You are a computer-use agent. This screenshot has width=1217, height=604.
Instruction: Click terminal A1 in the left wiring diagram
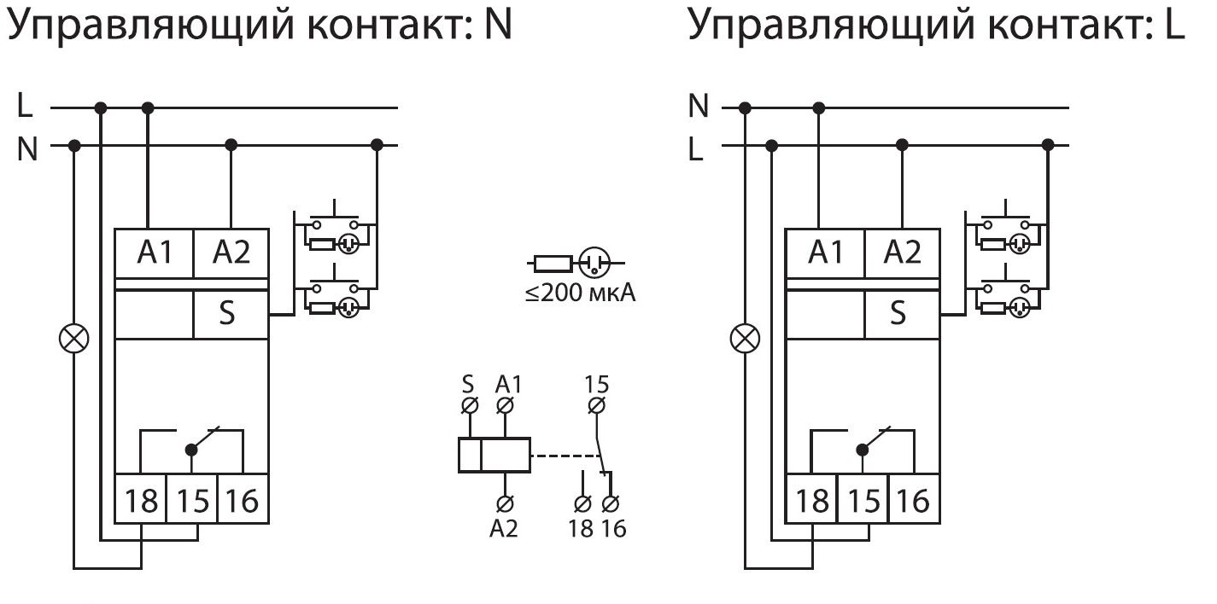pyautogui.click(x=155, y=253)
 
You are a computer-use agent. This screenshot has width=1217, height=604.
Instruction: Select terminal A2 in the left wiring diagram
pyautogui.click(x=231, y=253)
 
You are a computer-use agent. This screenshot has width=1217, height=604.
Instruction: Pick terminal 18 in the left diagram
pyautogui.click(x=141, y=501)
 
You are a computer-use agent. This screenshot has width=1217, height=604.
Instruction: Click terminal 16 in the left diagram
pyautogui.click(x=243, y=501)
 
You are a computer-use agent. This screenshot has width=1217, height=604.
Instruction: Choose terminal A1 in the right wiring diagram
pyautogui.click(x=825, y=253)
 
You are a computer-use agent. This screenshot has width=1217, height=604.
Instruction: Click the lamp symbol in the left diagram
pyautogui.click(x=73, y=340)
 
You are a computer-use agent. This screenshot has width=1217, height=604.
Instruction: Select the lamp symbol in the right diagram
pyautogui.click(x=745, y=340)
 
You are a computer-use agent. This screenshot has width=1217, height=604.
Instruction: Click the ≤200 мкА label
pyautogui.click(x=581, y=295)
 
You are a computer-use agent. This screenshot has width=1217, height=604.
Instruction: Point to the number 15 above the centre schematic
pyautogui.click(x=598, y=383)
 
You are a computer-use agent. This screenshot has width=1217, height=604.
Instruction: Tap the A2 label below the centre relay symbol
pyautogui.click(x=504, y=529)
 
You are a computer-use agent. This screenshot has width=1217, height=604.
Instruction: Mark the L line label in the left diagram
pyautogui.click(x=26, y=107)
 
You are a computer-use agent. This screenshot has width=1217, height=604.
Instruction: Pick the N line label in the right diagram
pyautogui.click(x=699, y=107)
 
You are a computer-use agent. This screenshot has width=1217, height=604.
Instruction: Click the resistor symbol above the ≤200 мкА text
pyautogui.click(x=548, y=263)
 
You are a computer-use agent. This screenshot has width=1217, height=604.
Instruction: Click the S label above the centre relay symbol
pyautogui.click(x=468, y=383)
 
